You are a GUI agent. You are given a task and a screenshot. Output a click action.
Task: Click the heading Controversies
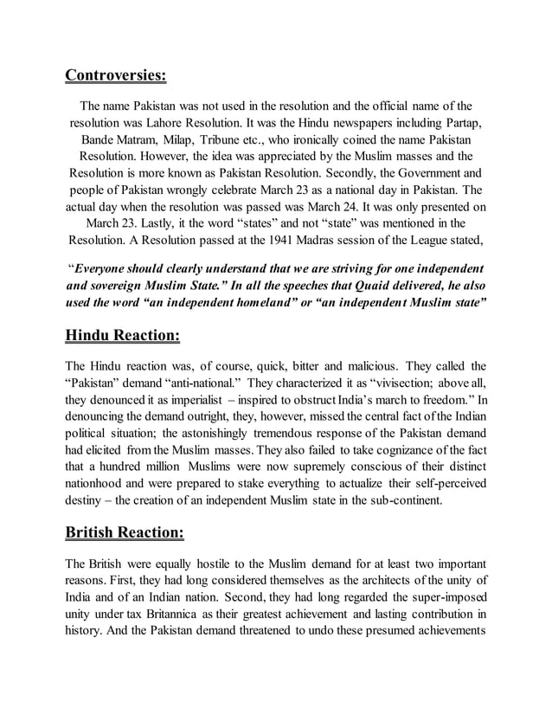point(115,75)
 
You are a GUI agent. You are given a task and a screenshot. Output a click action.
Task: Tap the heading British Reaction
point(132,529)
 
